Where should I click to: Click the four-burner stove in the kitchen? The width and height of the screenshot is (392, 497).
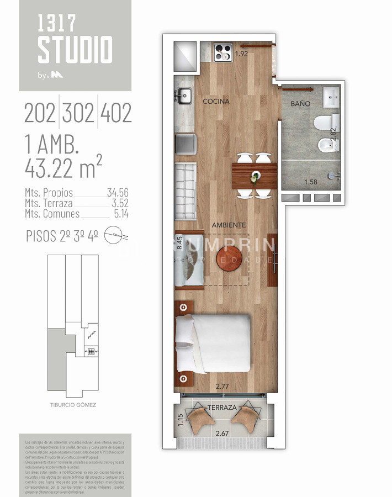pos(223,51)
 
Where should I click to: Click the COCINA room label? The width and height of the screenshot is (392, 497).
pos(216,102)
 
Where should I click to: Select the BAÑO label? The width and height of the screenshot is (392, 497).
pos(300,104)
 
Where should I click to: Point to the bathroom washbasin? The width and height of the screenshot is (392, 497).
pos(332,97)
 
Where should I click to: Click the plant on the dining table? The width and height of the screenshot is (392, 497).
pos(254,177)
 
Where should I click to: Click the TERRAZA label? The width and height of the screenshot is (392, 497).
pos(223,408)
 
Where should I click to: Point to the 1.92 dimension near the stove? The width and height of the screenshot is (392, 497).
pos(242,54)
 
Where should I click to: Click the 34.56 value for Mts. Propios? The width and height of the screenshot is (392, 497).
pos(118,193)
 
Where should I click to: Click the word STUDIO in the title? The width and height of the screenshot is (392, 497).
pos(75,50)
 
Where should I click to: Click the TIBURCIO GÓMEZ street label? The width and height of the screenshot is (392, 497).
pos(73,405)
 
